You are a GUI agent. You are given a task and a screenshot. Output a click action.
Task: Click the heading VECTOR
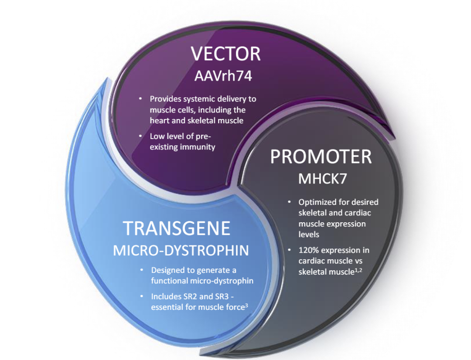[x=225, y=54]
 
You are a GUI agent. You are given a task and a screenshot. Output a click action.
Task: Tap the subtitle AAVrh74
[x=223, y=76]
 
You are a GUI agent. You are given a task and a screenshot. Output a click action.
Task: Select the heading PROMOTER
[x=321, y=156]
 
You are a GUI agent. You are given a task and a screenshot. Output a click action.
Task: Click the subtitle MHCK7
[x=322, y=179]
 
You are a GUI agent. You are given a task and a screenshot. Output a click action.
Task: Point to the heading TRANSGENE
[x=177, y=228]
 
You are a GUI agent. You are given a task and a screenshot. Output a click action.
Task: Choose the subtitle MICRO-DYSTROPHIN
[x=181, y=251]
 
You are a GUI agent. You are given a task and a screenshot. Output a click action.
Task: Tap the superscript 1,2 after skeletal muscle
[x=358, y=270]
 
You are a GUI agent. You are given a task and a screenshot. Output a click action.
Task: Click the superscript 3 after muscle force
[x=246, y=306]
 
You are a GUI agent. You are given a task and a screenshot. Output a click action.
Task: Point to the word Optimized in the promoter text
[x=317, y=202]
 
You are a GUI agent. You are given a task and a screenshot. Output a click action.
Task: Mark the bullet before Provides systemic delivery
[x=140, y=98]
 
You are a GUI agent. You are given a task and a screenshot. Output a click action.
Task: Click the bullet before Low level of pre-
[x=140, y=136]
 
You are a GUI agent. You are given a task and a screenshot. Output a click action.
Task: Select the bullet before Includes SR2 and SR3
[x=141, y=296]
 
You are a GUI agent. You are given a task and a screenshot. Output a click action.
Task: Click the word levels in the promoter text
[x=309, y=234]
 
